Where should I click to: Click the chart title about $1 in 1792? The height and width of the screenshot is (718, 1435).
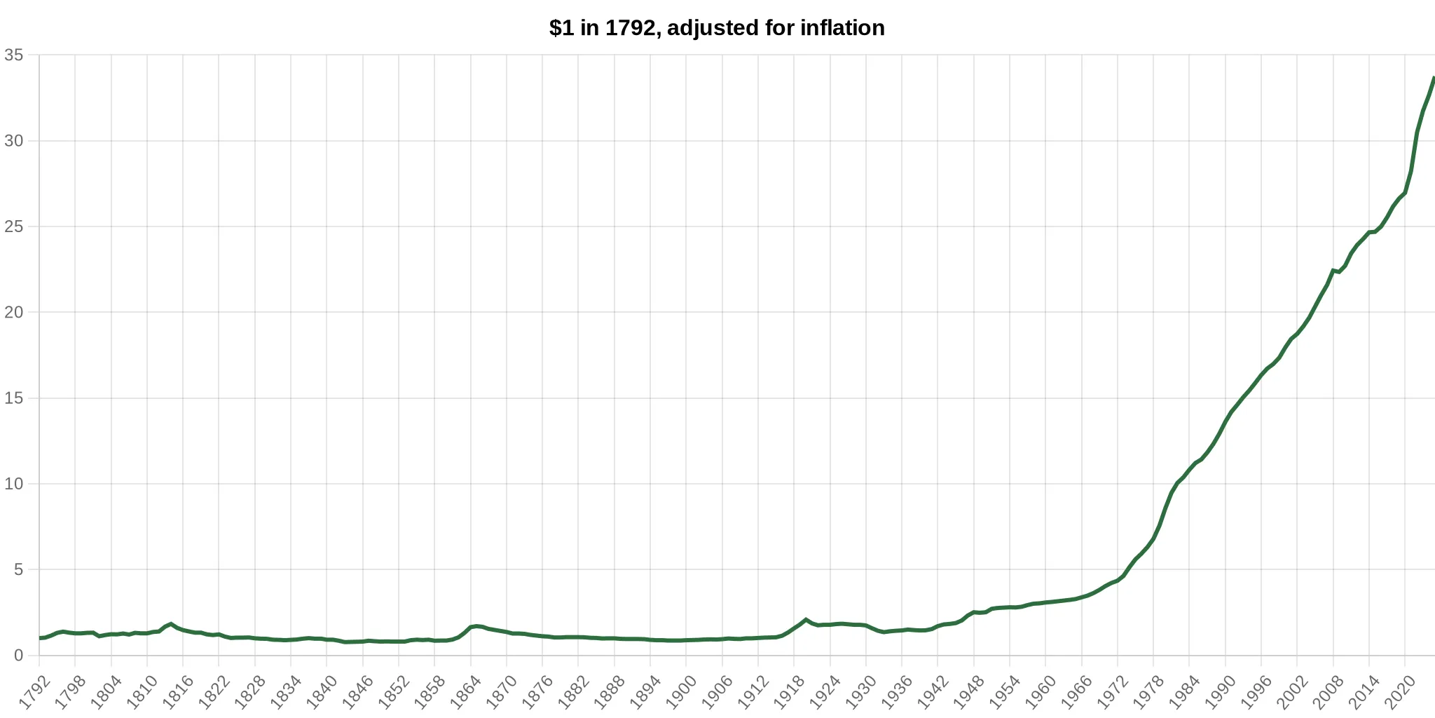pos(717,28)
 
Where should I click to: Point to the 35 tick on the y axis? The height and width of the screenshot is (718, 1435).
pos(14,55)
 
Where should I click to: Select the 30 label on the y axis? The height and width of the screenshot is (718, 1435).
pos(14,141)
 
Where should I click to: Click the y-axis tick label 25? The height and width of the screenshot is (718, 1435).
pos(14,226)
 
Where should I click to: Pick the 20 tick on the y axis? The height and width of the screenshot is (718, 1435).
pos(14,312)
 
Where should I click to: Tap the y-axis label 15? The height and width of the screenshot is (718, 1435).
pos(14,398)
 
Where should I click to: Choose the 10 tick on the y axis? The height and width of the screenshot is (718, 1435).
pos(14,484)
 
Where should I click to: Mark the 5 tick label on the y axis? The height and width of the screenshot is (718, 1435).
pos(19,569)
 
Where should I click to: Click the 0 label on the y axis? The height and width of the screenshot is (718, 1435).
pos(19,656)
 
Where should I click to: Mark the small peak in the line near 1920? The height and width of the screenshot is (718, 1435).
pos(806,620)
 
